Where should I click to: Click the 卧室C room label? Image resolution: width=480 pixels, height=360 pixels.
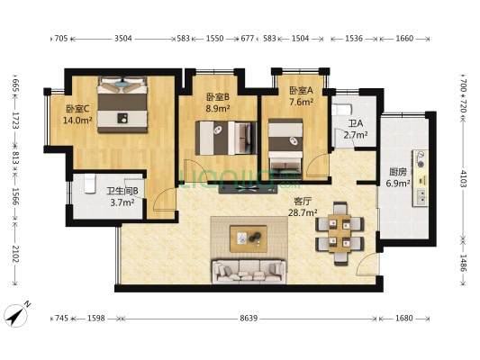coord(77,109)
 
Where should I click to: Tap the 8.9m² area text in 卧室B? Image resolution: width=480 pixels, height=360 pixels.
coord(218,109)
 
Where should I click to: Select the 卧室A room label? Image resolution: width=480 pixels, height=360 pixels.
coord(301,91)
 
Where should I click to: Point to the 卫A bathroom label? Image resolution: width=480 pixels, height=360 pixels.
coord(356,123)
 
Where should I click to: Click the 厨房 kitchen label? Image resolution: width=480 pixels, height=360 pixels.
coord(398,172)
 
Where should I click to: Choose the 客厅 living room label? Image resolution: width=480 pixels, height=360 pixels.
coord(303,202)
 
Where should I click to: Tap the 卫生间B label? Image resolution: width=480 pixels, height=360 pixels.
coord(122,191)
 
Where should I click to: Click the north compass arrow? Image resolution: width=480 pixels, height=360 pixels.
coord(16,316)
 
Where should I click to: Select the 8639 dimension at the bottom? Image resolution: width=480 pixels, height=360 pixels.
coord(249,319)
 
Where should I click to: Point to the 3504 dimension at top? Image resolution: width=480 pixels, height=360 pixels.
coord(123,39)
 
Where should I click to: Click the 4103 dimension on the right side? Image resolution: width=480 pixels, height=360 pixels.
coord(463,178)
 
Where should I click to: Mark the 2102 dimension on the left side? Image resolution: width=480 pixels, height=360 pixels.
coord(15,254)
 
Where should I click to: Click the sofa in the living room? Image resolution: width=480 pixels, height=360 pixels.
coord(249,271)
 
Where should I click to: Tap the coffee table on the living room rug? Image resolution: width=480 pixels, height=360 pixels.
coord(249,238)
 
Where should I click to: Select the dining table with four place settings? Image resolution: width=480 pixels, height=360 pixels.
coord(340,233)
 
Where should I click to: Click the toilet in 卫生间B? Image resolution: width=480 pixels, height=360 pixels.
coord(90,184)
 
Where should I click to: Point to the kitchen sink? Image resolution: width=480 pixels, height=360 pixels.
coord(421,197)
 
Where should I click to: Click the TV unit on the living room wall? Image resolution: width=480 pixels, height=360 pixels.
coord(249,188)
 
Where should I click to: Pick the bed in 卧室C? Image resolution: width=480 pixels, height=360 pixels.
coord(122,104)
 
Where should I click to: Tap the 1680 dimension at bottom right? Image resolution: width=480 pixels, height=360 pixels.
coord(403,319)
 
